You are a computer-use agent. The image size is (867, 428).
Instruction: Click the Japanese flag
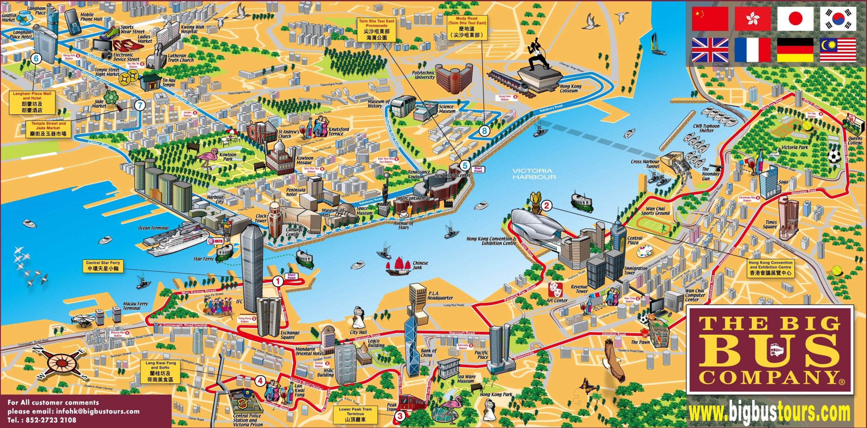point(795,19)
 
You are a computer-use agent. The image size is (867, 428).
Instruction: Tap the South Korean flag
point(838,19)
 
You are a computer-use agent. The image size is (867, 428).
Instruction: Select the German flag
point(795,50)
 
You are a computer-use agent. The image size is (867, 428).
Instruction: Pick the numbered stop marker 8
point(484,131)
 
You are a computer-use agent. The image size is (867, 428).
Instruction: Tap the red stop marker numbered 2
point(546,205)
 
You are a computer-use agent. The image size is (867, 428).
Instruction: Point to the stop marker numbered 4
point(260,381)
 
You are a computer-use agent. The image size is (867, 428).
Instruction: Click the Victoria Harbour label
point(534,174)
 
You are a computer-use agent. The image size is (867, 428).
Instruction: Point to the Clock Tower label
point(261,218)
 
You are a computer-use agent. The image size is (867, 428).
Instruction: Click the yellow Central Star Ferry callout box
point(103,266)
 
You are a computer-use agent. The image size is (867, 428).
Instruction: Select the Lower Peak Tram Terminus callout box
point(355,414)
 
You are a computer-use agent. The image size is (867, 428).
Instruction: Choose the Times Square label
point(769,225)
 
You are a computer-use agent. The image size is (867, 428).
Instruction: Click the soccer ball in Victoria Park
point(834,156)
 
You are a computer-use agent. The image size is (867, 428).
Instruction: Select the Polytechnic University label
point(423,75)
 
